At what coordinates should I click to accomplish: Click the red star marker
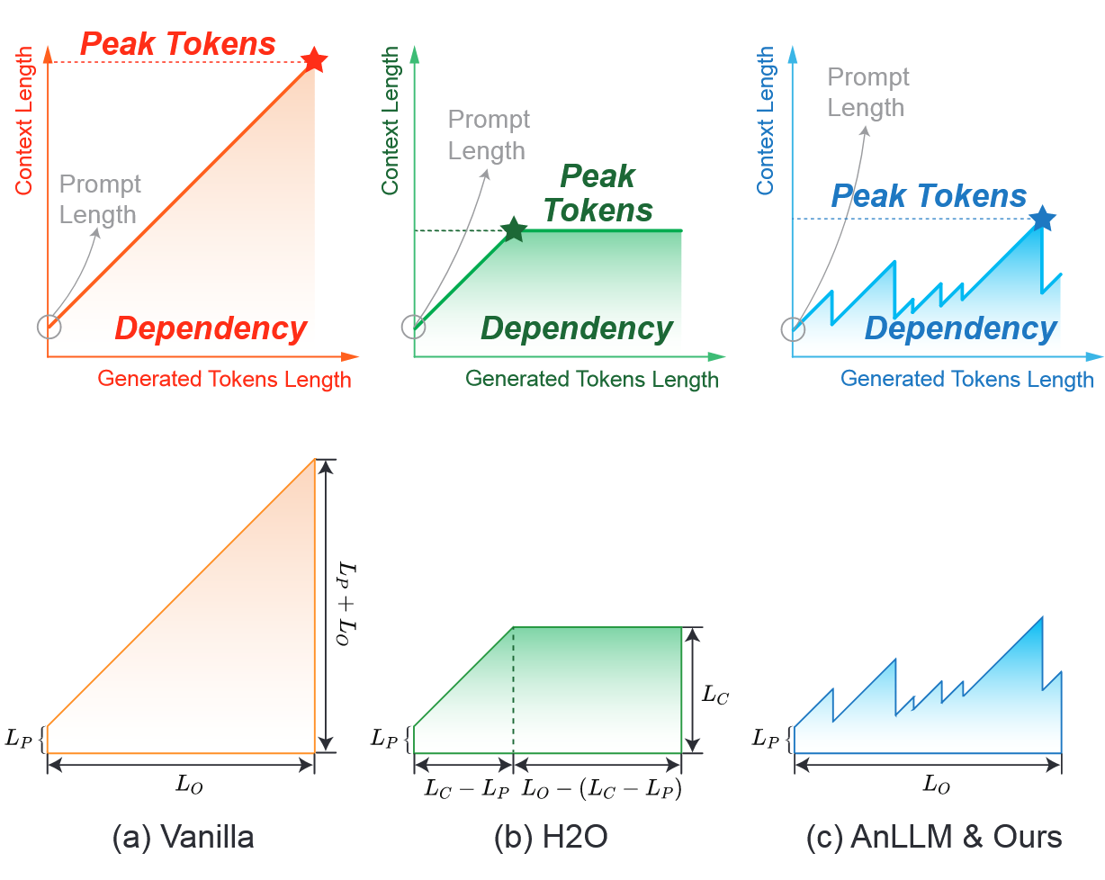point(314,60)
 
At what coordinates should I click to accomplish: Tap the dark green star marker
point(513,229)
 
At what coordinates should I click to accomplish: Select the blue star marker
point(1042,218)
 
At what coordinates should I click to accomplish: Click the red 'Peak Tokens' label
point(178,43)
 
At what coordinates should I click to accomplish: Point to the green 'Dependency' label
point(577,328)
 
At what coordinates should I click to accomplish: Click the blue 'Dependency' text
point(960,328)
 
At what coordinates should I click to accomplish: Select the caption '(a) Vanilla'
point(183,838)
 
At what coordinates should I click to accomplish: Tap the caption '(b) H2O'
point(551,838)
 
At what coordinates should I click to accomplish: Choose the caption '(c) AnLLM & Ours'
point(934,838)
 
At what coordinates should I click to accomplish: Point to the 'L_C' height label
point(715,694)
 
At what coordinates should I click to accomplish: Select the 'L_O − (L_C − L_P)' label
point(602,789)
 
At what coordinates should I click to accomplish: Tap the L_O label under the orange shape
point(188,784)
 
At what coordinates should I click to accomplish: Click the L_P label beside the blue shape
point(767,739)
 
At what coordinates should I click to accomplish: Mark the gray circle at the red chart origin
point(49,327)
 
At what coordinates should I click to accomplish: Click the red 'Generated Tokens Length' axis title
point(224,379)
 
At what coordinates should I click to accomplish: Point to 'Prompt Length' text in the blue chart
point(867,92)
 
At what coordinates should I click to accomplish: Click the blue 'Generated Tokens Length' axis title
point(967,379)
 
